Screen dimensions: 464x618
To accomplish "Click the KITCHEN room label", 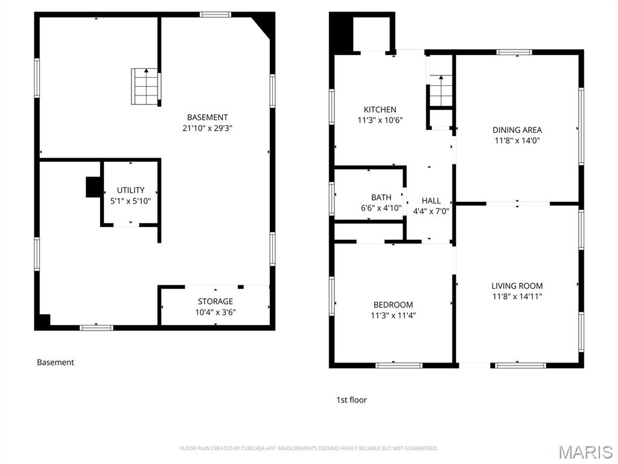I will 380,109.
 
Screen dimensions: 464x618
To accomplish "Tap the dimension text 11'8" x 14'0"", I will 517,141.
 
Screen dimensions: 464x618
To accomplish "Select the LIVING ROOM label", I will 517,286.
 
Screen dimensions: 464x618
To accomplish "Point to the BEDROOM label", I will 393,304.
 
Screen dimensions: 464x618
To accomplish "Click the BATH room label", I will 381,197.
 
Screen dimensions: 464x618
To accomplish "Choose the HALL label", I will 431,201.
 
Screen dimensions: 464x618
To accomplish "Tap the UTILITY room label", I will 130,190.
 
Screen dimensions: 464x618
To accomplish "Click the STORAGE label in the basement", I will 215,301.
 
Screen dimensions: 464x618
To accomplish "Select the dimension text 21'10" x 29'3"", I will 208,128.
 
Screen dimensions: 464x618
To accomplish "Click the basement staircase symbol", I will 145,86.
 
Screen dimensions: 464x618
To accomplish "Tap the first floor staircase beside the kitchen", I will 441,90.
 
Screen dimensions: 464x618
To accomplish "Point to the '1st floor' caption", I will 351,400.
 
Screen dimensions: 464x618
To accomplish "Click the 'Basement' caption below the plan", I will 56,362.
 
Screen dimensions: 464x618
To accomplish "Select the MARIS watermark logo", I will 585,452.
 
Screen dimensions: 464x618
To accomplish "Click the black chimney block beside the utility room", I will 93,187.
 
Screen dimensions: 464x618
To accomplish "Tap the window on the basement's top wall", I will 215,14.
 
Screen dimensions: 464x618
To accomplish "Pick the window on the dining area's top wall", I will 514,53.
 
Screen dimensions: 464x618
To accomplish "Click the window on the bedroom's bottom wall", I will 399,365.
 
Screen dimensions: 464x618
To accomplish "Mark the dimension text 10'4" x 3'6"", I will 215,312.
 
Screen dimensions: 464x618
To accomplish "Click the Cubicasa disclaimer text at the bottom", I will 308,448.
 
